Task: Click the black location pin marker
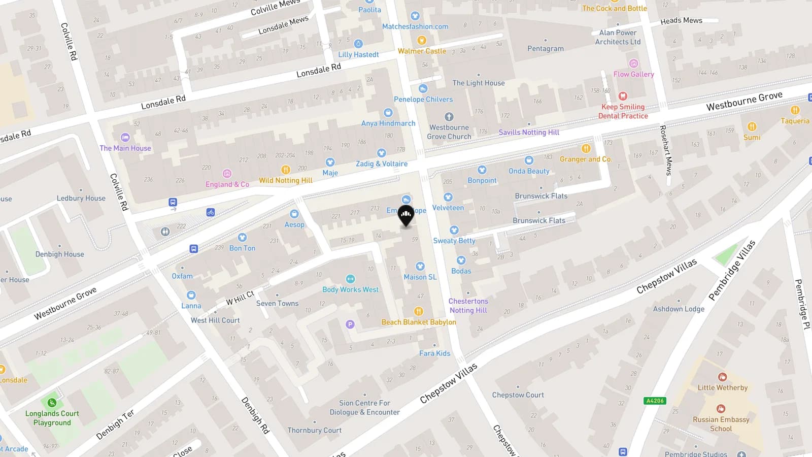[405, 216]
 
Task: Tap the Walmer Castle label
[422, 51]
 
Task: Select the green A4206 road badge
[655, 401]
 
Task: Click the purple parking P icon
[350, 324]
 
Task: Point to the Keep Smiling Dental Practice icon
[623, 96]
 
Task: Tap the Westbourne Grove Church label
[449, 132]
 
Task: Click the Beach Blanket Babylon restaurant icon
[418, 311]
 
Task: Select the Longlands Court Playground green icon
[52, 403]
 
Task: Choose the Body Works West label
[350, 289]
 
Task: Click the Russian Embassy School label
[721, 424]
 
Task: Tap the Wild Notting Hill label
[285, 180]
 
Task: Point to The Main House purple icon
[125, 137]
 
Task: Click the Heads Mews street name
[681, 21]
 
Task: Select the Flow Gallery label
[633, 74]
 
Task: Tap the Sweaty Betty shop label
[454, 241]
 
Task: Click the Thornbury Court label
[314, 430]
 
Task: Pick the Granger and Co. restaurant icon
[586, 148]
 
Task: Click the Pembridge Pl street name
[802, 304]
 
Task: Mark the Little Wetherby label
[722, 387]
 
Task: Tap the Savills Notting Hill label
[528, 132]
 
